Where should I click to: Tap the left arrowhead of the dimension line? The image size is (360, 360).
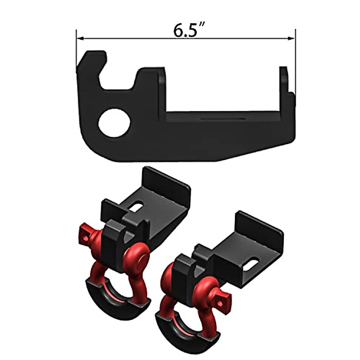coord(79,38)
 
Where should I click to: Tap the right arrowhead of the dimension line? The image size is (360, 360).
coord(291,38)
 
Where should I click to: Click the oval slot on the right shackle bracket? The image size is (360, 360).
coord(254,263)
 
